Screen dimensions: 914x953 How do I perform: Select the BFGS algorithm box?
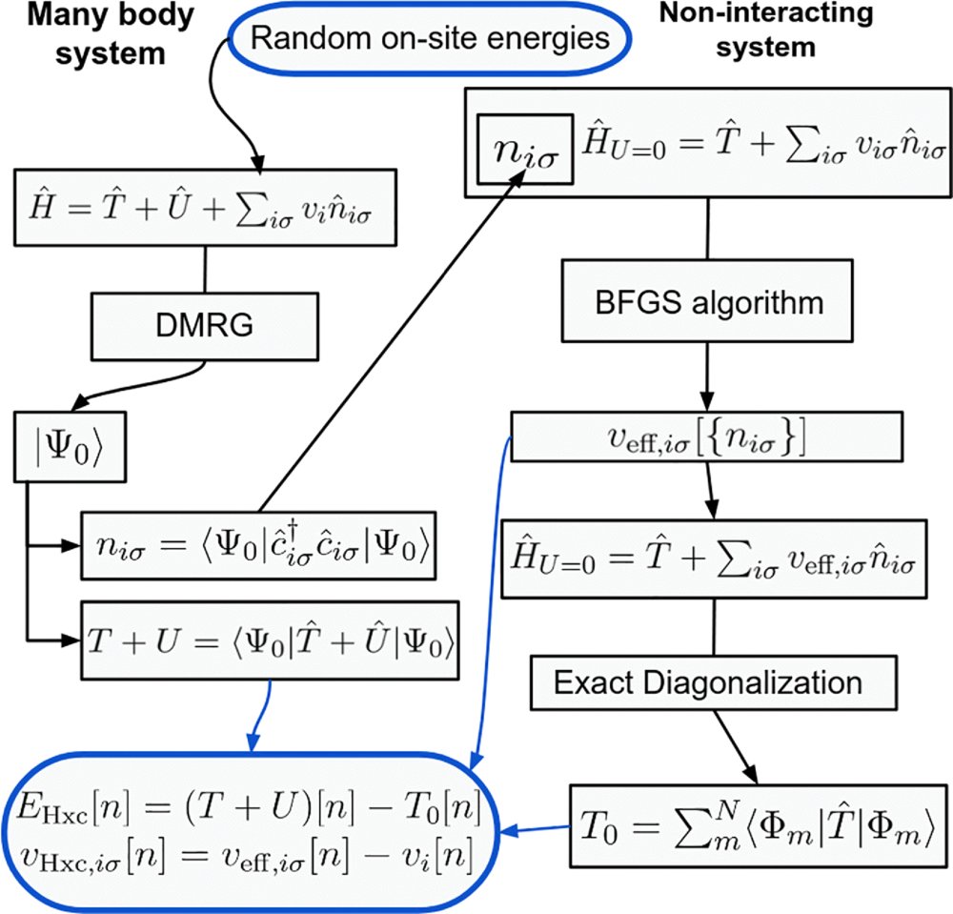pos(706,304)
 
